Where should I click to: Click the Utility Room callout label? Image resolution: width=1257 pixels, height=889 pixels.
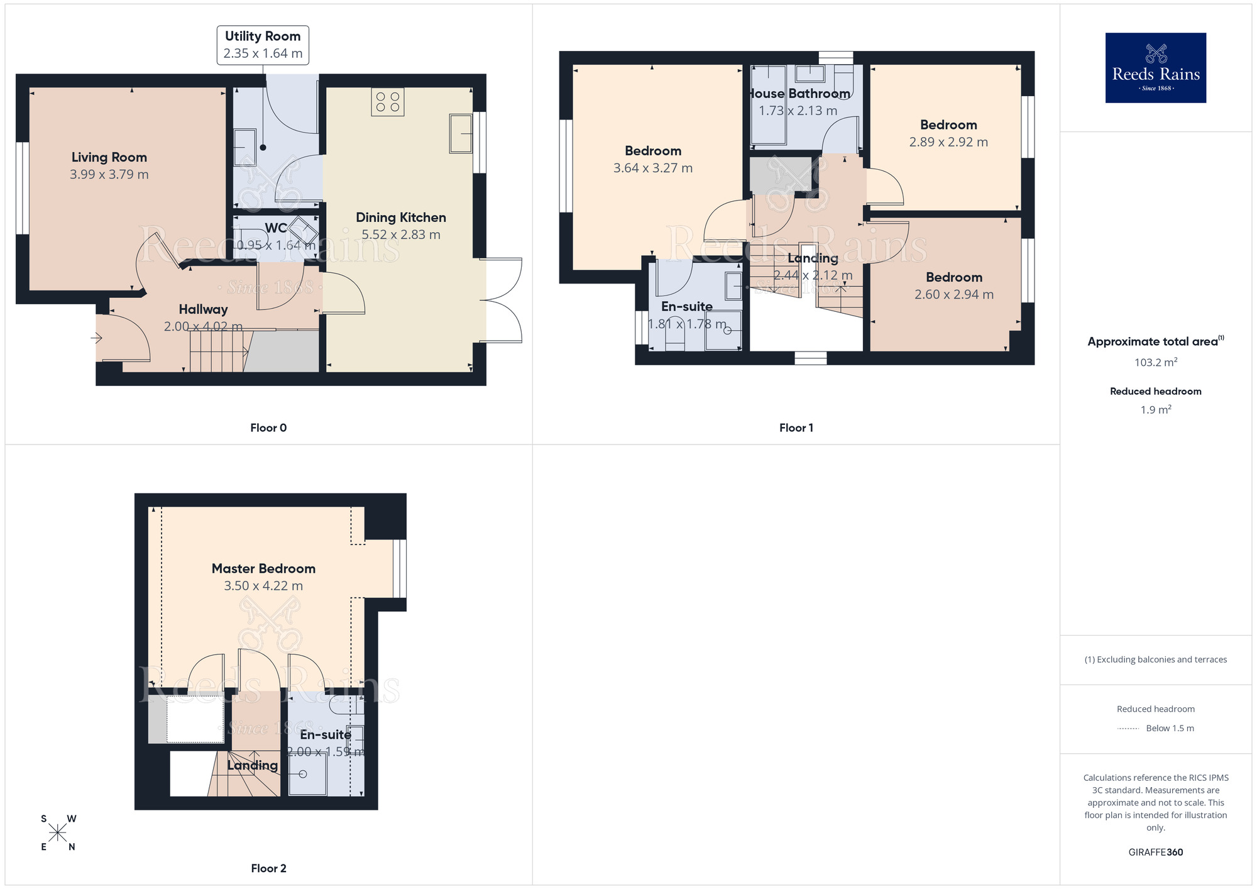(263, 45)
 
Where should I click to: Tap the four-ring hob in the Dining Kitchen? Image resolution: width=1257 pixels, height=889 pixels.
(387, 102)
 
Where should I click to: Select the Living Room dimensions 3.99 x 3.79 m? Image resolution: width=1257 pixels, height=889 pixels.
(109, 175)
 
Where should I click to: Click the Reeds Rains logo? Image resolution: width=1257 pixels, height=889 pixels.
(1155, 68)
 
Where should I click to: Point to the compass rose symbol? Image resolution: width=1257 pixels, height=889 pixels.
(58, 833)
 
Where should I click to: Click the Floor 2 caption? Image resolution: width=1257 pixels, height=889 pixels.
(268, 868)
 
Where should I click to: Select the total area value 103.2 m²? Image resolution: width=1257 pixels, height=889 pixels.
(1155, 362)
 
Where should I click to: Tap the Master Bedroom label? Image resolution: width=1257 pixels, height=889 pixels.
(263, 568)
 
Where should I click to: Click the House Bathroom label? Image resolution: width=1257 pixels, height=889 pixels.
(799, 94)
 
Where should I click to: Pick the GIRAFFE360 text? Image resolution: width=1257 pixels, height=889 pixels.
(1155, 853)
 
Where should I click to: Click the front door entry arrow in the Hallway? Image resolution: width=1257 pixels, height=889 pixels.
(96, 338)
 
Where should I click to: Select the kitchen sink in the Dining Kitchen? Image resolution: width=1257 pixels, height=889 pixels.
(461, 133)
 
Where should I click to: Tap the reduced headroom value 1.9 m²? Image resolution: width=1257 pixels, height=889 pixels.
(1155, 410)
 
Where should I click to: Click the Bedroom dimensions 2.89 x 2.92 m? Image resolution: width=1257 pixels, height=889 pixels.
(948, 142)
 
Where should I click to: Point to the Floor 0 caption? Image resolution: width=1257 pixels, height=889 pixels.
(268, 428)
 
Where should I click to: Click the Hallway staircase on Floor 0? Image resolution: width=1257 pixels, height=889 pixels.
(217, 351)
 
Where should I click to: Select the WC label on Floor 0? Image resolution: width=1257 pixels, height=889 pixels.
(275, 228)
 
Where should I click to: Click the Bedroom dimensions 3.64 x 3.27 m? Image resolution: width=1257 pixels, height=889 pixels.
(653, 168)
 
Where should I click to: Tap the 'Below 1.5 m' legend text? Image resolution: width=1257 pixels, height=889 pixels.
(1170, 728)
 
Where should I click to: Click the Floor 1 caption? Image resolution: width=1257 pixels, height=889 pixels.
(796, 428)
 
